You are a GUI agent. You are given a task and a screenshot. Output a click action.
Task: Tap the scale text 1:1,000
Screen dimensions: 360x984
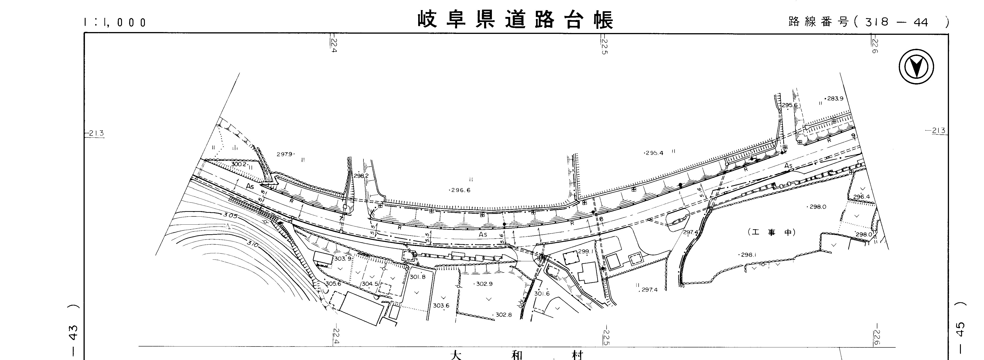(x=115, y=22)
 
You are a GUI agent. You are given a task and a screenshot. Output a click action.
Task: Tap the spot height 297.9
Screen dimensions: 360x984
(x=285, y=154)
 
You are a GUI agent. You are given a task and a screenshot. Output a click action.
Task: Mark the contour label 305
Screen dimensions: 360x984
(x=230, y=215)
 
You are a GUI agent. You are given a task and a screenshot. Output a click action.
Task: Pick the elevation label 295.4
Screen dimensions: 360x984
(x=654, y=153)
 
